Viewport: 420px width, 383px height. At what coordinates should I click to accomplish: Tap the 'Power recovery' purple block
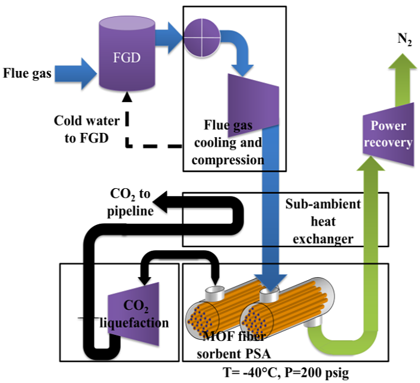coord(391,134)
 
